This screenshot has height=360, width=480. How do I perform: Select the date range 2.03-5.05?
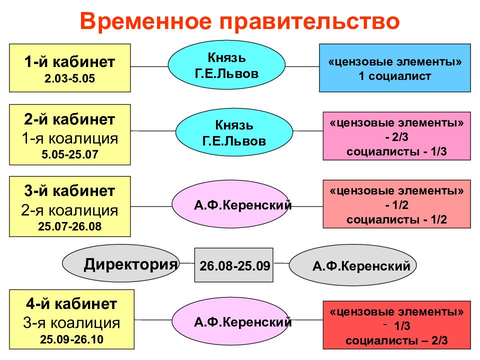point(70,78)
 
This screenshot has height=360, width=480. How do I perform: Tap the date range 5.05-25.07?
point(70,154)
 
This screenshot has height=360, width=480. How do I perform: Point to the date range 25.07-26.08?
point(70,226)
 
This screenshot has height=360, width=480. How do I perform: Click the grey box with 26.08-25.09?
point(234,265)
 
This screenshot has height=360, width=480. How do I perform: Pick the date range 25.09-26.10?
point(71,339)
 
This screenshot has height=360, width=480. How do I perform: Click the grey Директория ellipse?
point(121,263)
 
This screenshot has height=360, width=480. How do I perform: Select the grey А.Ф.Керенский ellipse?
point(352,265)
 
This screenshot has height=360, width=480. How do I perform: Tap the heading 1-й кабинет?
point(70,62)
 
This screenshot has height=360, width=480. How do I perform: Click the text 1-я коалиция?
point(70,138)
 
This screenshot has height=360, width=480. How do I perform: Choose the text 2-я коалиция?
point(70,210)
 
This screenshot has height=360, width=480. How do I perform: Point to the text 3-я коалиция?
point(71,323)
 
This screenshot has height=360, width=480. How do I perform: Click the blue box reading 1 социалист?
point(395,68)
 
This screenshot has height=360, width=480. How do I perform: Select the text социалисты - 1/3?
point(396,151)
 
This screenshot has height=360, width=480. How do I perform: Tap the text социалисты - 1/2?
point(396,219)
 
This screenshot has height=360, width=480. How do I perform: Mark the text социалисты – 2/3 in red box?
point(396,340)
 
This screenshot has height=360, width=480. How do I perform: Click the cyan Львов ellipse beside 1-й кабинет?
point(226,65)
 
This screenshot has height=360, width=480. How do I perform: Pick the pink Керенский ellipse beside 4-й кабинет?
point(230,321)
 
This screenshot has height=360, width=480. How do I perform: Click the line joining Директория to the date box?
point(187,263)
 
